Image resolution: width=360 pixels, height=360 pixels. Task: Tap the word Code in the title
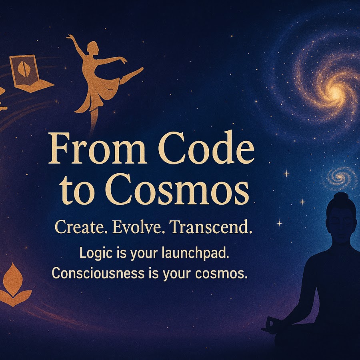(206, 148)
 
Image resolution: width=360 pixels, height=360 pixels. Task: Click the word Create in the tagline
(81, 227)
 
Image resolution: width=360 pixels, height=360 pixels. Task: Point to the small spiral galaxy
(340, 177)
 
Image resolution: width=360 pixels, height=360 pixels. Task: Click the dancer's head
(93, 48)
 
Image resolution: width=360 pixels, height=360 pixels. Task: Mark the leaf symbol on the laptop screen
(22, 69)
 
